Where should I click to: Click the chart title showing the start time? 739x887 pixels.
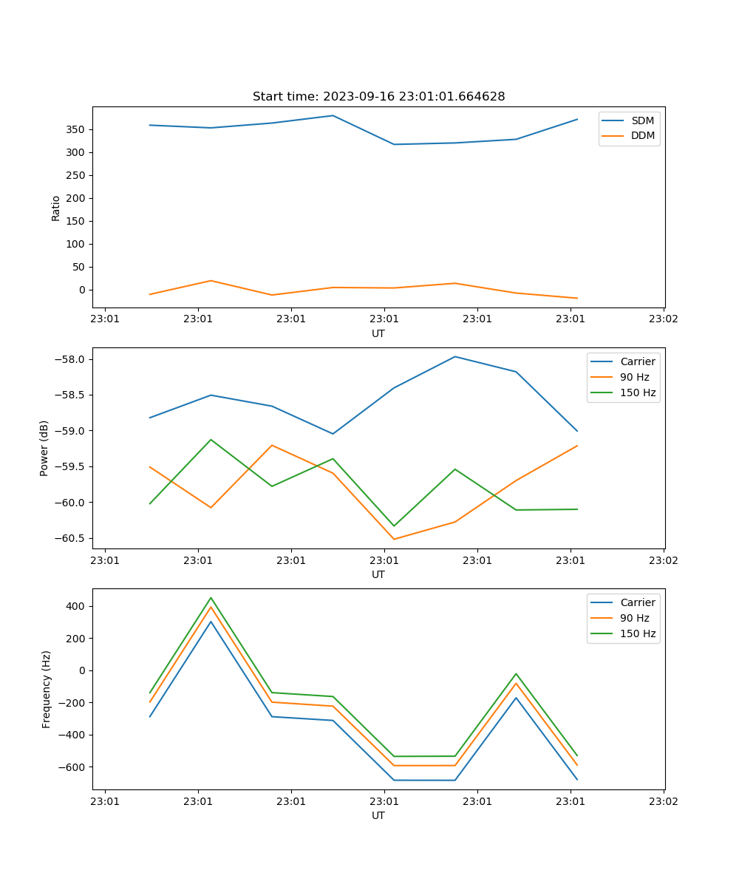click(x=378, y=97)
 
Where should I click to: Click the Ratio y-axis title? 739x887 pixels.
click(x=56, y=208)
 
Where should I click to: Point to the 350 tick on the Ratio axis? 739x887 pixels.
click(x=76, y=129)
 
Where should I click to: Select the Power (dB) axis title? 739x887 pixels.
click(x=44, y=448)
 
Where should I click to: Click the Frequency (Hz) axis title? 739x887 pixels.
click(x=47, y=689)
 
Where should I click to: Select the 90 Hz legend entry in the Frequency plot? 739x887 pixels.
click(x=634, y=618)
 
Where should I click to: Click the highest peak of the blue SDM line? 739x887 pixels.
click(x=333, y=115)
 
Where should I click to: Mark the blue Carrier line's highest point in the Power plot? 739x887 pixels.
click(x=455, y=356)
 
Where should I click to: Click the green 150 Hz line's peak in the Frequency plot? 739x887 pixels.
click(x=211, y=597)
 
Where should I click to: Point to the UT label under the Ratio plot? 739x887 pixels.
click(x=378, y=333)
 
